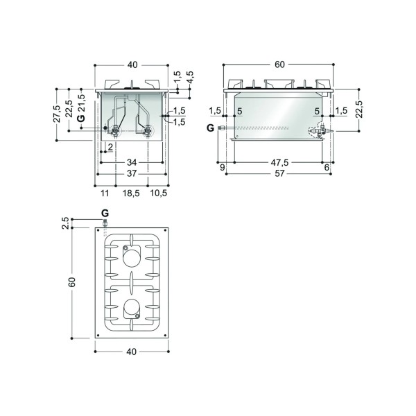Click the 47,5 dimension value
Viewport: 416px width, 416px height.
tap(279, 162)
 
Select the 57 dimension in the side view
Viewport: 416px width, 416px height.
tap(279, 173)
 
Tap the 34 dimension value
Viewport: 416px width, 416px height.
tap(132, 162)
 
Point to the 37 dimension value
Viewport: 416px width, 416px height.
tap(132, 173)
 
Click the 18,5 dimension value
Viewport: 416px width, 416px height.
tap(131, 193)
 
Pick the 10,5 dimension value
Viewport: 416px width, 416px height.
tap(159, 193)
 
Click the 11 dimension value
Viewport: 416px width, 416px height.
tap(105, 193)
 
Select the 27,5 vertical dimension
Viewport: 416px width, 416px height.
tap(58, 114)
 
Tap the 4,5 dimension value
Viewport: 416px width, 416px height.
tap(191, 77)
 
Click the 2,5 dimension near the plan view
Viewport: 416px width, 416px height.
tap(65, 223)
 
